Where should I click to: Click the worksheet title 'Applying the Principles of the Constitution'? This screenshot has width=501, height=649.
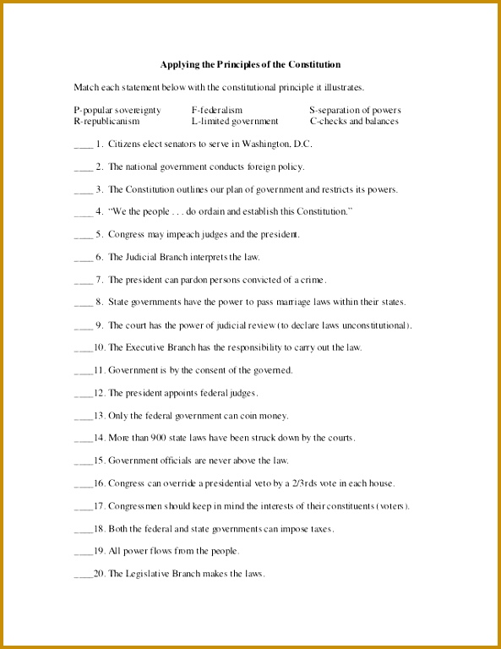[x=250, y=64]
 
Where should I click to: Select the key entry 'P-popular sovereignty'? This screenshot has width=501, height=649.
[x=117, y=110]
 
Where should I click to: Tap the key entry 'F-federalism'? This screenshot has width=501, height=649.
[x=217, y=110]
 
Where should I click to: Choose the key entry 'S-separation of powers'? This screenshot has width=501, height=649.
[x=355, y=110]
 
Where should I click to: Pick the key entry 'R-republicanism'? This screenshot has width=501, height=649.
[x=106, y=121]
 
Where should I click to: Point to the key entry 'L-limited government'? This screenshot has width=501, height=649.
[x=235, y=121]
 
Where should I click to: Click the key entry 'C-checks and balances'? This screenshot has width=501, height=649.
[x=354, y=121]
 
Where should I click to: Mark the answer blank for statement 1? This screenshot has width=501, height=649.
[x=83, y=145]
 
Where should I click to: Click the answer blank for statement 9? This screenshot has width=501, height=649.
[x=83, y=326]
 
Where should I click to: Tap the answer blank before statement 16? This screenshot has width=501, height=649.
[x=83, y=484]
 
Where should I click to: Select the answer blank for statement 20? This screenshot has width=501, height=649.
[x=83, y=575]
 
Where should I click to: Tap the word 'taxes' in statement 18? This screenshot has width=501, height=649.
[x=320, y=528]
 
